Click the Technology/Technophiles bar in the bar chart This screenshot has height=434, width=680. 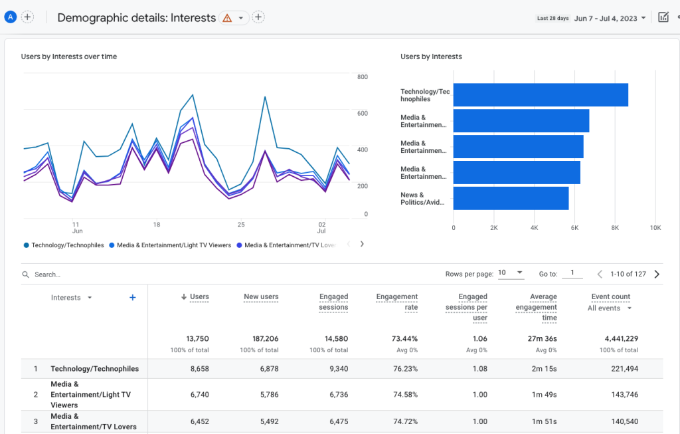(x=541, y=95)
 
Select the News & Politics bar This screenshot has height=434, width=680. (x=511, y=198)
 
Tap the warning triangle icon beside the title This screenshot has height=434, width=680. (x=227, y=18)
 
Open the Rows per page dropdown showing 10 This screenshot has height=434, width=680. (x=511, y=273)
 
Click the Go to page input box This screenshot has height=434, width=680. (x=572, y=273)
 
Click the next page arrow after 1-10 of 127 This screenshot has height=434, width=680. (x=657, y=274)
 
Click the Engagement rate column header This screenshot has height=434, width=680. (x=397, y=302)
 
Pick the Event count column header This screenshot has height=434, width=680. (x=610, y=297)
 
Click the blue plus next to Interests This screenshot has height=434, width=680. (x=132, y=298)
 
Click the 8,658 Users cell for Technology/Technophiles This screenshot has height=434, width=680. (x=199, y=369)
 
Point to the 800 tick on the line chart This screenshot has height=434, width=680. (x=362, y=77)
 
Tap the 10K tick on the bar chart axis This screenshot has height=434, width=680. (x=655, y=227)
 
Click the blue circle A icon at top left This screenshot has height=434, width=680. (x=10, y=17)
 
